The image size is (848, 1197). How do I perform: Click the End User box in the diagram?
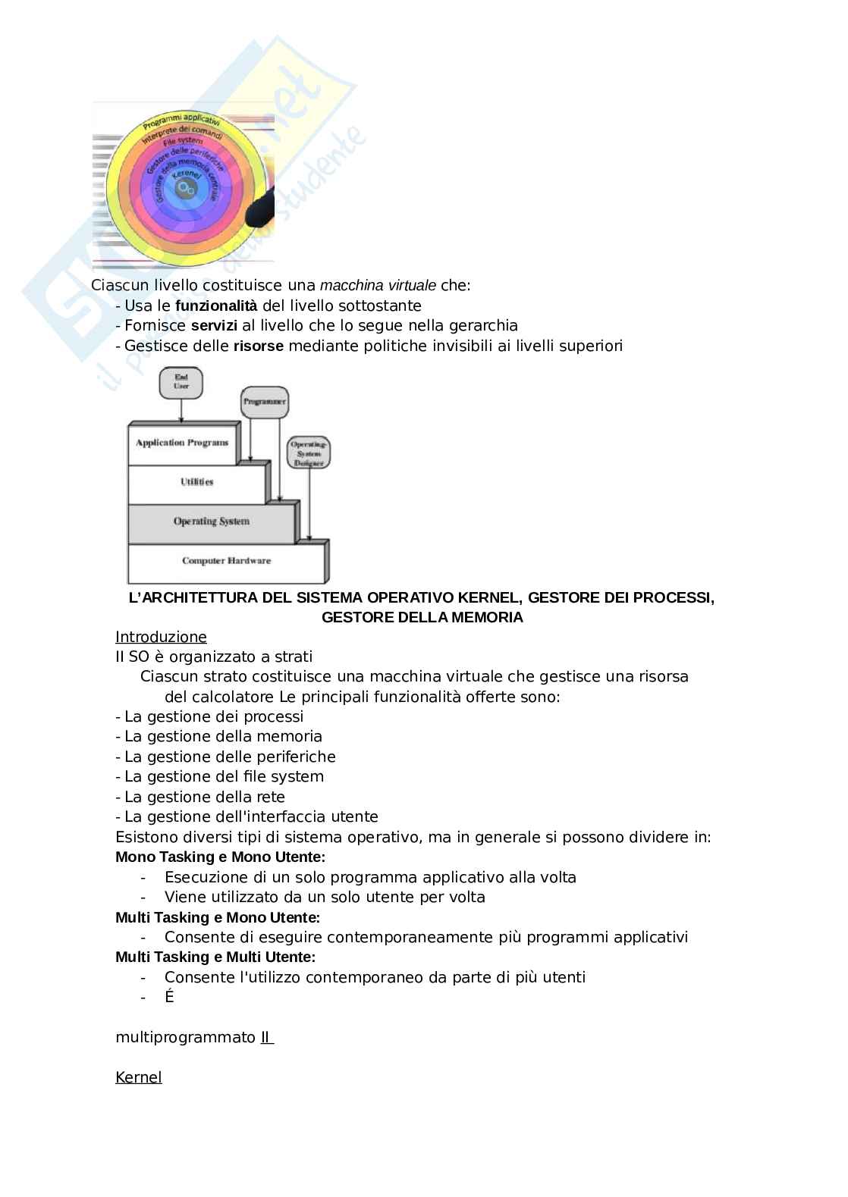181,381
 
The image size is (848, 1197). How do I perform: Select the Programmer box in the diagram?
264,401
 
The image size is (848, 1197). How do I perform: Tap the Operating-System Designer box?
308,453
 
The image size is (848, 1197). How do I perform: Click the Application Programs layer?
182,443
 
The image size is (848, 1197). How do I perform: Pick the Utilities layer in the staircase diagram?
196,482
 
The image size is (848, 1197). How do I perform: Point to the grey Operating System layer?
211,522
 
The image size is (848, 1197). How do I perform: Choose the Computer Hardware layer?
226,561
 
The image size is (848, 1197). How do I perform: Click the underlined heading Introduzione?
161,637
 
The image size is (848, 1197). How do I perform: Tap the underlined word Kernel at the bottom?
138,1077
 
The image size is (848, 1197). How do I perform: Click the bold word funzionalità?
216,306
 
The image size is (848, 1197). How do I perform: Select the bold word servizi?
214,326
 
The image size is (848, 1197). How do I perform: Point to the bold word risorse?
258,346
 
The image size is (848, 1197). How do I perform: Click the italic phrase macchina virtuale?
378,286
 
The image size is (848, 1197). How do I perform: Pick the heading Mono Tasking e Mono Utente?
220,857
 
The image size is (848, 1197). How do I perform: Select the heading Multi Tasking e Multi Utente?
215,957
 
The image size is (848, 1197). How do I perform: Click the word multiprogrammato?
185,1037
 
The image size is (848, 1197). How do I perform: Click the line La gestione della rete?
204,797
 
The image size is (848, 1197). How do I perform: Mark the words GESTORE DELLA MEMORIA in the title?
422,618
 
